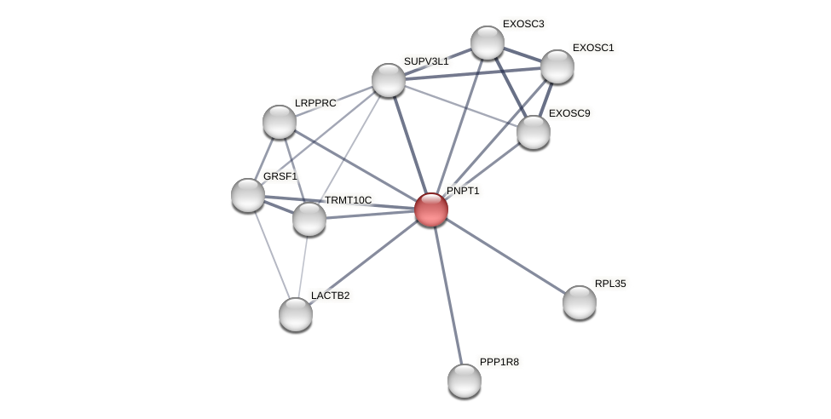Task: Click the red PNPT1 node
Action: (430, 209)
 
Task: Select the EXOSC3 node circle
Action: (488, 43)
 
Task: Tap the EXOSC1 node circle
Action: (557, 66)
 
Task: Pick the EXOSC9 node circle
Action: (534, 132)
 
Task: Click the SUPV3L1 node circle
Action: (389, 80)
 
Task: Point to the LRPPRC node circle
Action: (280, 122)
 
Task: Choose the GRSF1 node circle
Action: (248, 195)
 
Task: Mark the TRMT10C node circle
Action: (309, 219)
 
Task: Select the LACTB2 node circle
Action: (296, 314)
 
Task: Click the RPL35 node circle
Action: (580, 302)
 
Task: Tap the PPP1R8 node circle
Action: (465, 381)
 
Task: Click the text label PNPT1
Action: (463, 191)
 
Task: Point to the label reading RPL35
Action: (610, 284)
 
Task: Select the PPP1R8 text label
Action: (499, 362)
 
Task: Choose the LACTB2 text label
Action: (330, 296)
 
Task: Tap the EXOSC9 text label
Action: (568, 113)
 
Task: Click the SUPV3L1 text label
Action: (425, 61)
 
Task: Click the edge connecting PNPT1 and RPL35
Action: (505, 255)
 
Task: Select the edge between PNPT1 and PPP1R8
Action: (447, 295)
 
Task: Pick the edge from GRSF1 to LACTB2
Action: (272, 255)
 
